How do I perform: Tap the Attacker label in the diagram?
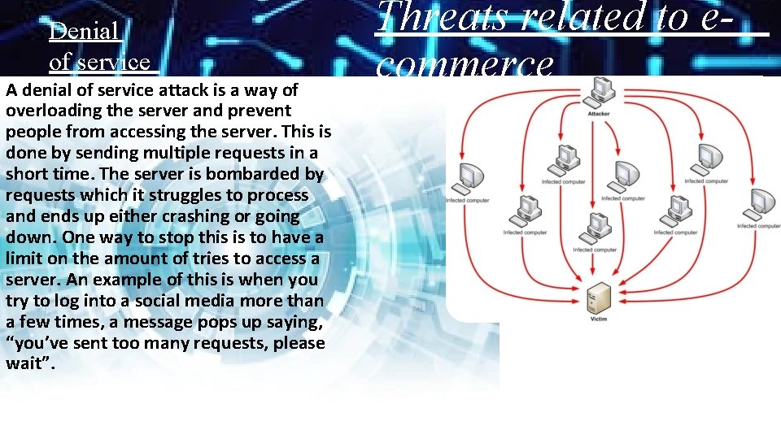tap(599, 113)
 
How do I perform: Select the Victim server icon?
tap(598, 298)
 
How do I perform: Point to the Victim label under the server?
tap(598, 319)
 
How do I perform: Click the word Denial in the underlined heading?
tap(85, 32)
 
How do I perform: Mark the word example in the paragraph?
tap(107, 280)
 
